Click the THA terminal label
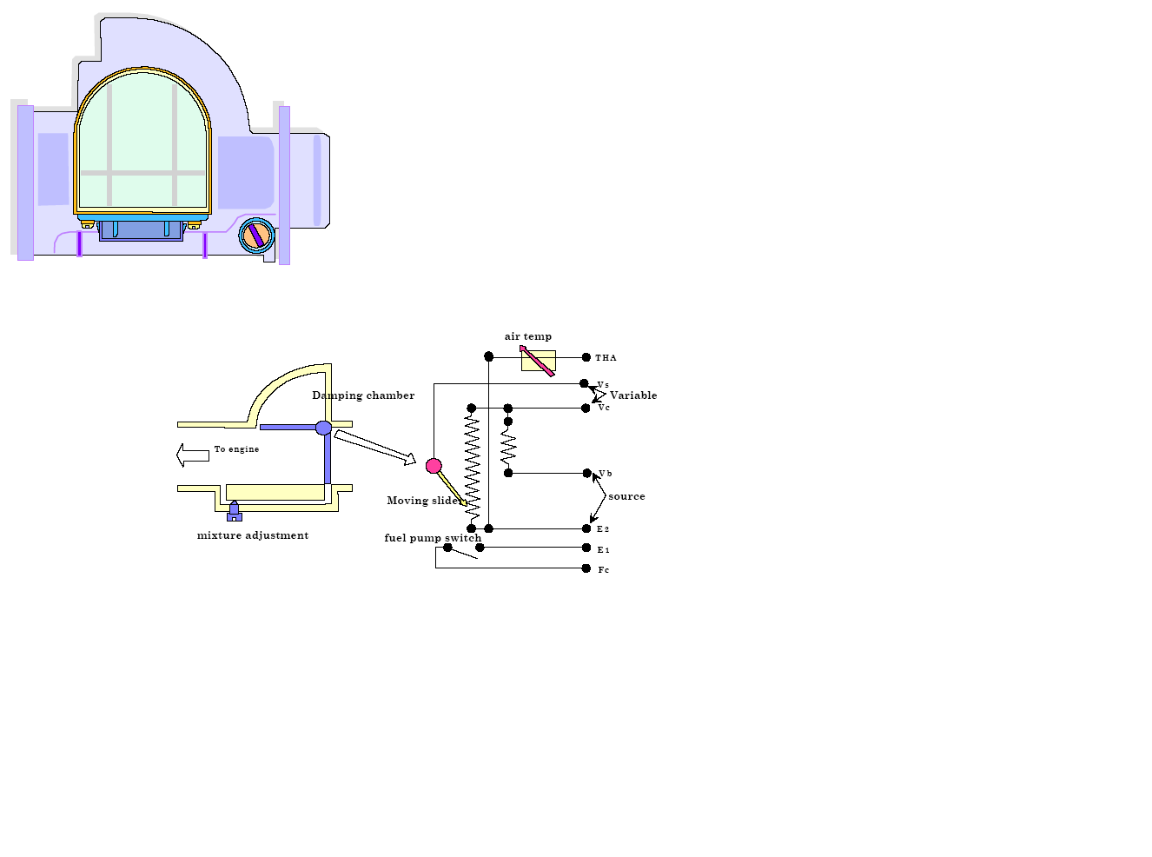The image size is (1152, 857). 606,358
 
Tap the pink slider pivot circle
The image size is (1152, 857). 434,466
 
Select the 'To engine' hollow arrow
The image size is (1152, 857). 193,455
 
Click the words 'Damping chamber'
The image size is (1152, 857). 363,395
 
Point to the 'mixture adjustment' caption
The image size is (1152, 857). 253,535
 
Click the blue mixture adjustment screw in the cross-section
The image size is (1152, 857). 234,511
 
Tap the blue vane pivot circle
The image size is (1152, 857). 323,428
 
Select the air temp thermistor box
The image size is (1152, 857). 538,361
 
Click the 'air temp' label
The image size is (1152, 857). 528,336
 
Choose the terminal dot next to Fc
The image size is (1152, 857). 586,568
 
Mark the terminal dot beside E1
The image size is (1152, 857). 586,548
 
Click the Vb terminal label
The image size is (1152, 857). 606,474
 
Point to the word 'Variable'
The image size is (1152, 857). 633,395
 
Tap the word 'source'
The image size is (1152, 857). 626,496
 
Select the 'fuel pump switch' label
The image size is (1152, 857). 433,538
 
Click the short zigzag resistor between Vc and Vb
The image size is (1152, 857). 508,448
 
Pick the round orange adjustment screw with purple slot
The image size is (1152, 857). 256,235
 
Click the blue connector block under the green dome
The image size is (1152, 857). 141,230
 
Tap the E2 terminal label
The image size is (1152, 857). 603,529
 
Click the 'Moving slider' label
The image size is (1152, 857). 423,501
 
